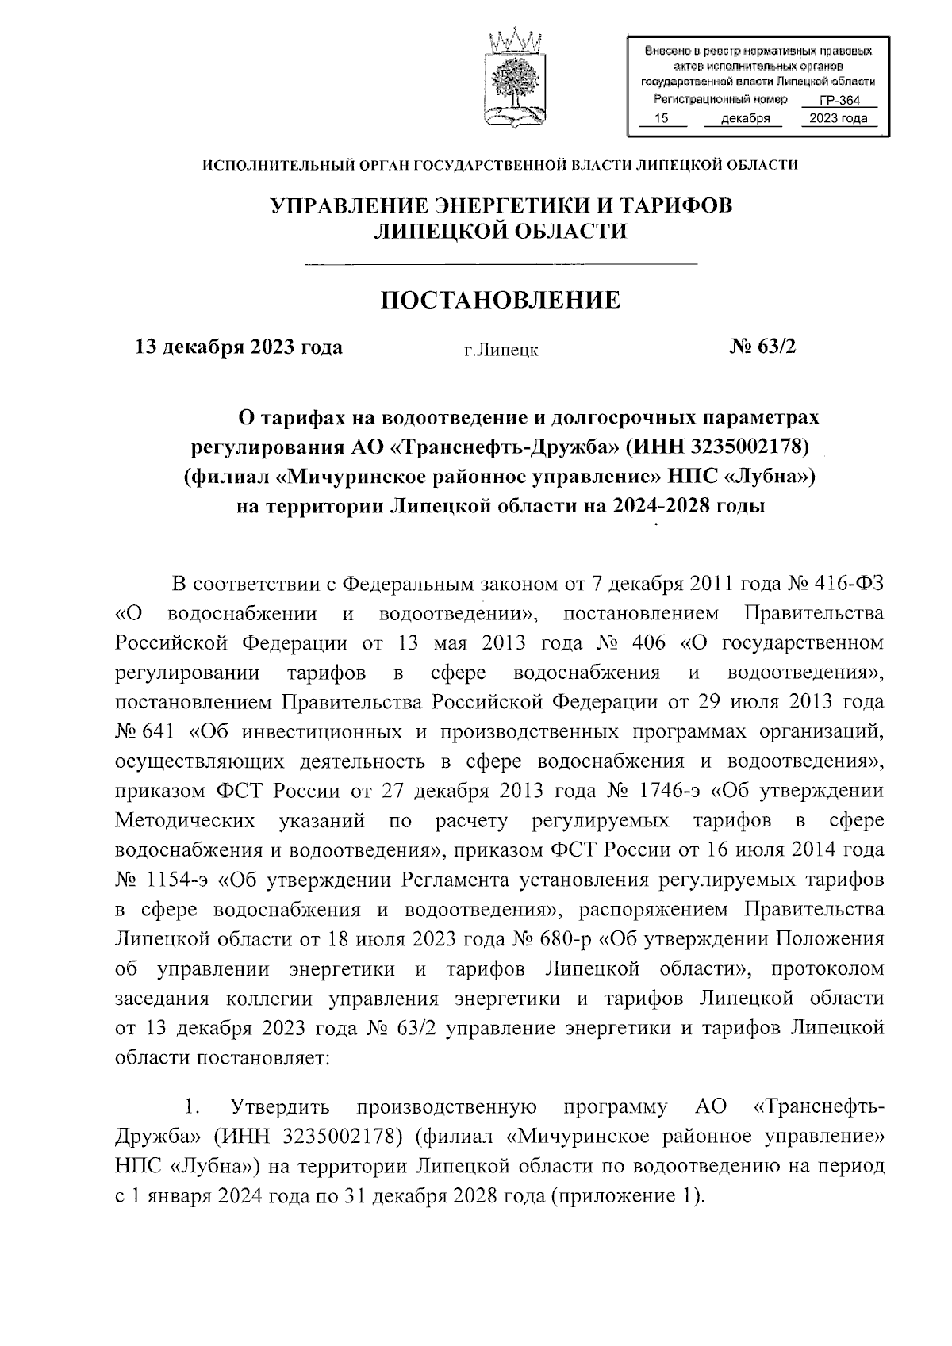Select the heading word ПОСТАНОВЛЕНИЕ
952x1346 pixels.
501,301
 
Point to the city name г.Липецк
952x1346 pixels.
501,350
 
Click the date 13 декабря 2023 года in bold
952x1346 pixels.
240,347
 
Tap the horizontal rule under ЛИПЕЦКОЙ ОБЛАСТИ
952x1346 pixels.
501,263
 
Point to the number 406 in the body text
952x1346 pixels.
650,642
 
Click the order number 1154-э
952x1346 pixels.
179,880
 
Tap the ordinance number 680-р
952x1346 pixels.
565,939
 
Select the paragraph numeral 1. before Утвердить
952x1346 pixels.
188,1106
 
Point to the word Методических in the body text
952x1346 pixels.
185,820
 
